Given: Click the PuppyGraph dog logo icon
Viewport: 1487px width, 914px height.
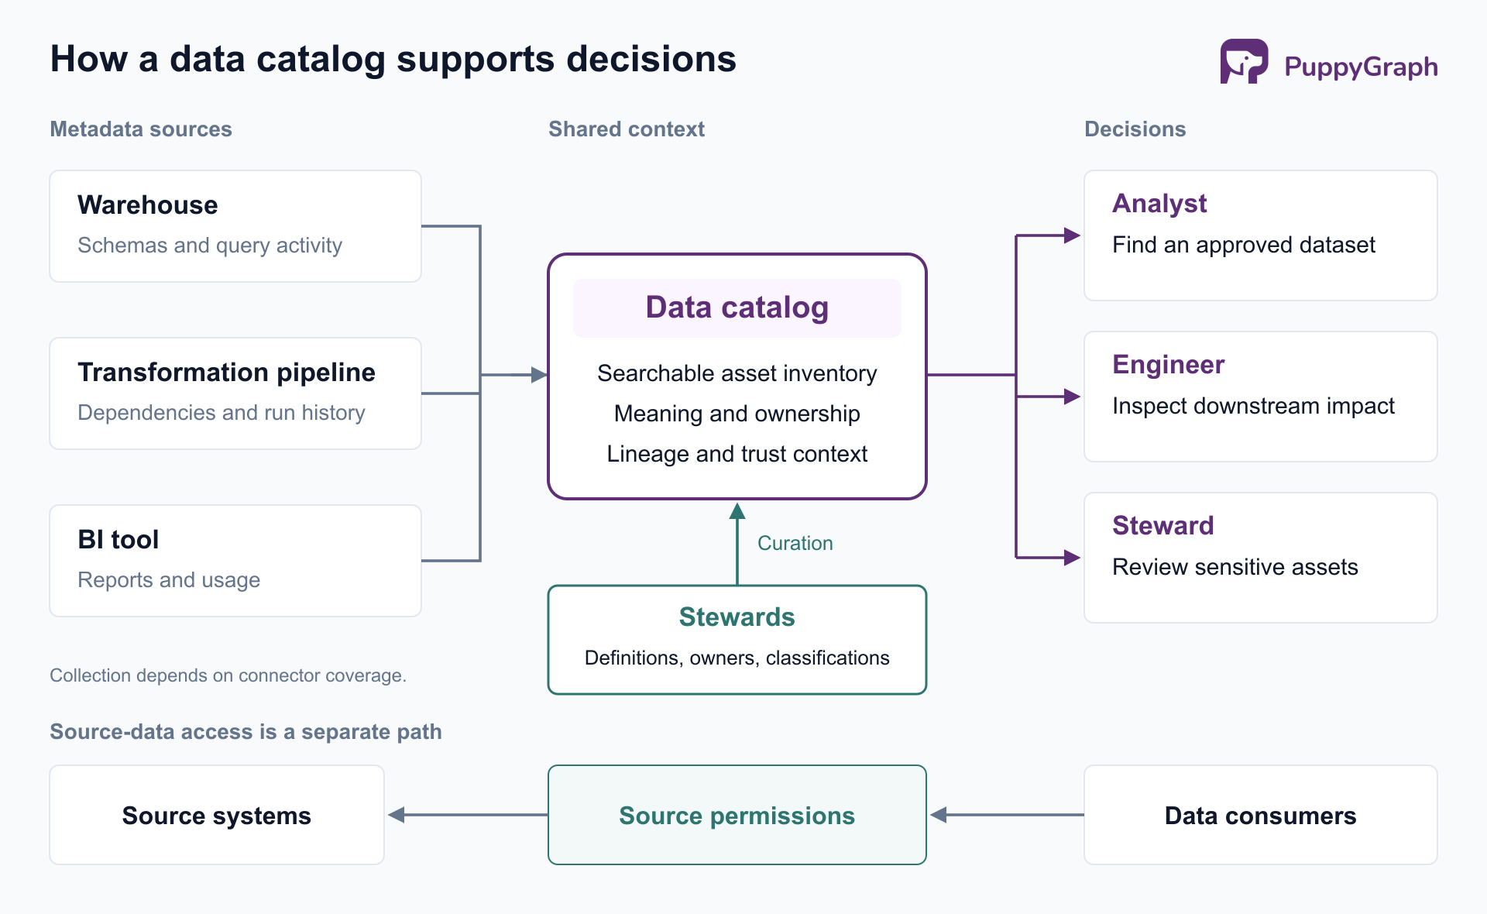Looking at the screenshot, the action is (1244, 61).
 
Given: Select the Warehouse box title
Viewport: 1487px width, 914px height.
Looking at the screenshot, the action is (148, 205).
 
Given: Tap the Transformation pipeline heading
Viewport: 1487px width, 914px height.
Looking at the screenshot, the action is (227, 373).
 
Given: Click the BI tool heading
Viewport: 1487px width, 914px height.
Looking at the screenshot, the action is (118, 540).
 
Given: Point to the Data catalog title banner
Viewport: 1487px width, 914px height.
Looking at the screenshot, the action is (737, 308).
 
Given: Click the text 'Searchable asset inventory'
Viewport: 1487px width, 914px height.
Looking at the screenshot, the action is (737, 373).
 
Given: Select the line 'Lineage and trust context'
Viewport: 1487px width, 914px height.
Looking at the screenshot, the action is (737, 454).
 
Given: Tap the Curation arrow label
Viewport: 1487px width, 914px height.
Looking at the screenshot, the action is (795, 543).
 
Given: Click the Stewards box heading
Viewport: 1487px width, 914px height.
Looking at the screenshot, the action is (737, 617).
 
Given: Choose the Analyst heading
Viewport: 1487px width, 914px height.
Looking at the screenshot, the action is (1159, 204).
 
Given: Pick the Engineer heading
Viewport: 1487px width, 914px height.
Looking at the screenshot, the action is (1169, 365).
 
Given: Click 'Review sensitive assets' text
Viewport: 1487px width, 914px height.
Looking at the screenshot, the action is (1235, 567).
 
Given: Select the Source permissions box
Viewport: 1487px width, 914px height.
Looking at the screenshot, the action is (737, 815).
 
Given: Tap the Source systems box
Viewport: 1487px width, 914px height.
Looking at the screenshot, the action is (217, 815).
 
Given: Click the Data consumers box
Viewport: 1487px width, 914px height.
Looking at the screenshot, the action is (1261, 815).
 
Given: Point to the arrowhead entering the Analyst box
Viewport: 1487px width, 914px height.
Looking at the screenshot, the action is (1073, 235).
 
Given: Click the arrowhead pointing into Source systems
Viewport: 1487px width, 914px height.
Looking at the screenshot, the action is (397, 815).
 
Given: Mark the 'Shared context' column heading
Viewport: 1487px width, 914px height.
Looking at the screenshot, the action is (627, 129).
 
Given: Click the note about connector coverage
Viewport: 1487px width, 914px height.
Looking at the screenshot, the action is (228, 675).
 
